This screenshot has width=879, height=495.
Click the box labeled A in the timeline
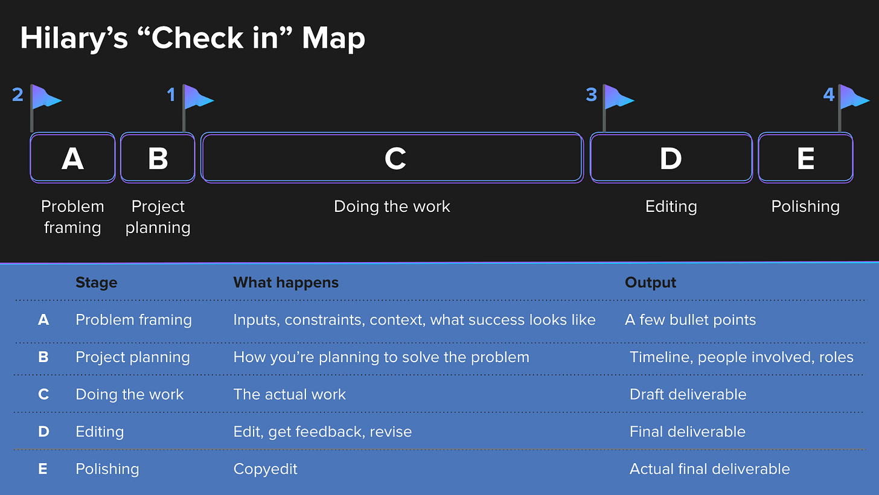click(72, 158)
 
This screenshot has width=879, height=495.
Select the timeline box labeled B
click(158, 158)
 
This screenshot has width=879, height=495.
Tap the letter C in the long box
click(395, 159)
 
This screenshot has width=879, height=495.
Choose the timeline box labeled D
click(671, 158)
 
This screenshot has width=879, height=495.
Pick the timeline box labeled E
click(805, 158)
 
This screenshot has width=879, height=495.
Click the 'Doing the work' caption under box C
click(392, 206)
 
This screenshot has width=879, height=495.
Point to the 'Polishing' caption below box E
click(805, 207)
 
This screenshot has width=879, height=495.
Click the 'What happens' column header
click(286, 283)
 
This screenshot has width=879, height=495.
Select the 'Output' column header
click(650, 283)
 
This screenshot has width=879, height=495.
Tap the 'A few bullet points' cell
click(690, 320)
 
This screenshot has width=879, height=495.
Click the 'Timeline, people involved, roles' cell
click(741, 357)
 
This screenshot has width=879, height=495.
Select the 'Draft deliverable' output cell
click(688, 395)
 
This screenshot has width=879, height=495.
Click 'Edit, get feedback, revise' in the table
click(322, 432)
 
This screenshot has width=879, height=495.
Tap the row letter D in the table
click(43, 432)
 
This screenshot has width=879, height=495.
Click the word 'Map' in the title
click(333, 39)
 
